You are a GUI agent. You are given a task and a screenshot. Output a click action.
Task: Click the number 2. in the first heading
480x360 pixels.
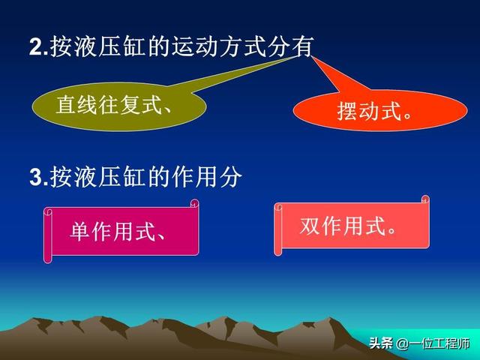click(x=38, y=46)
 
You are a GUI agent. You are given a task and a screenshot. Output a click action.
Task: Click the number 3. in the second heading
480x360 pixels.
click(x=38, y=177)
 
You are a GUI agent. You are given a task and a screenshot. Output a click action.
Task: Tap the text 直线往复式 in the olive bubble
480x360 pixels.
click(x=109, y=104)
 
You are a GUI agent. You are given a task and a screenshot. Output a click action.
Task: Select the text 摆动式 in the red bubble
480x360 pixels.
click(x=369, y=111)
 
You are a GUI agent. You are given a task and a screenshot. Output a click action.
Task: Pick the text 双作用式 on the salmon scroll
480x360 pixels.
click(x=342, y=226)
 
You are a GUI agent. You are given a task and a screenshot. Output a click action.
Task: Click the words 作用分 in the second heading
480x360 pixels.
click(x=207, y=177)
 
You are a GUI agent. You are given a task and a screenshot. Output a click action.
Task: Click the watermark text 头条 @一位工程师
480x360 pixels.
click(x=419, y=343)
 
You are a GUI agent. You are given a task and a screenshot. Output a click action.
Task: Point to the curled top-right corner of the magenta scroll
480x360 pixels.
click(x=195, y=203)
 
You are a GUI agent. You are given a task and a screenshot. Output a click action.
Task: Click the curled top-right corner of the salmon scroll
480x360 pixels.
click(x=425, y=199)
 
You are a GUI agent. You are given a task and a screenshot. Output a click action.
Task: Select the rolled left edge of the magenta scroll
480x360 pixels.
click(x=48, y=235)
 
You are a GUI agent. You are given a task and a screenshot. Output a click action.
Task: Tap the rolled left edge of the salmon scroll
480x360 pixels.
click(x=278, y=229)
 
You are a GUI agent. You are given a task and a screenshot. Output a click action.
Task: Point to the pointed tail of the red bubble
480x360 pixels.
click(x=312, y=57)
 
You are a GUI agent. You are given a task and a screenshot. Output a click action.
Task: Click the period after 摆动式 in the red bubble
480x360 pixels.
click(x=407, y=115)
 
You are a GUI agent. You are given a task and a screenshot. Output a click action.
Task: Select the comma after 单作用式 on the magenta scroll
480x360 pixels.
click(x=161, y=236)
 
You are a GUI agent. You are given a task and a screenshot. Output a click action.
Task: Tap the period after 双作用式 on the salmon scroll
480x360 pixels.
click(x=391, y=230)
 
